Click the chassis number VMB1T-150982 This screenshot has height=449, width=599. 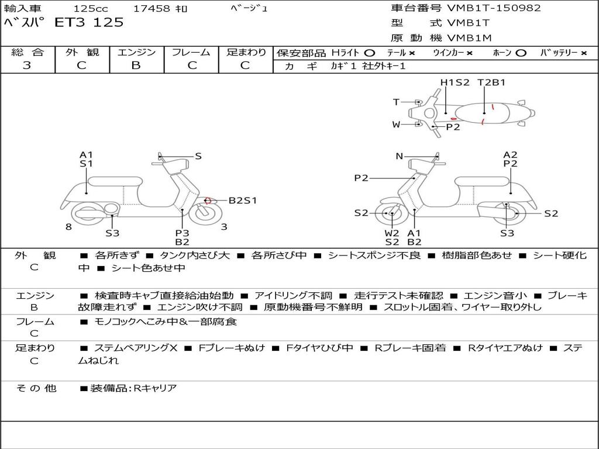coord(494,8)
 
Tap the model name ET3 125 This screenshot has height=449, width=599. coord(89,22)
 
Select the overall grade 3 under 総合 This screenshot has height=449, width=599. coord(27,65)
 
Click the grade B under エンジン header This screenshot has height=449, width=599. coord(136,65)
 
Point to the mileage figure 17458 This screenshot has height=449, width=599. coord(152,8)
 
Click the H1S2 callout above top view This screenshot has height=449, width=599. coord(455,82)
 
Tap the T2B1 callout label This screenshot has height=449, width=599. coord(491,82)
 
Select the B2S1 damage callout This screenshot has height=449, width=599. coord(243,201)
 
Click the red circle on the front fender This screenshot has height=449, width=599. coord(208,200)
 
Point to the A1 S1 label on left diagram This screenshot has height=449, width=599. coord(87,159)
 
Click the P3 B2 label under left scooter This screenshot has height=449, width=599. coord(183,237)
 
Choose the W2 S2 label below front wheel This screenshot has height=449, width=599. coord(392,237)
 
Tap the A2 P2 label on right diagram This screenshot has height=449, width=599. coord(510,159)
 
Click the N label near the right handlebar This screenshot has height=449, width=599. coord(399,156)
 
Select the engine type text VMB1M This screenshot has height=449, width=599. coord(469,38)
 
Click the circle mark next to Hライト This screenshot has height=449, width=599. coord(370,53)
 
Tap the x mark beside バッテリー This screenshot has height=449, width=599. coord(584,53)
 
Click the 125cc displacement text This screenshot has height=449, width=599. coord(91,8)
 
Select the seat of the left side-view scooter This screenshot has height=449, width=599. coord(115,182)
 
